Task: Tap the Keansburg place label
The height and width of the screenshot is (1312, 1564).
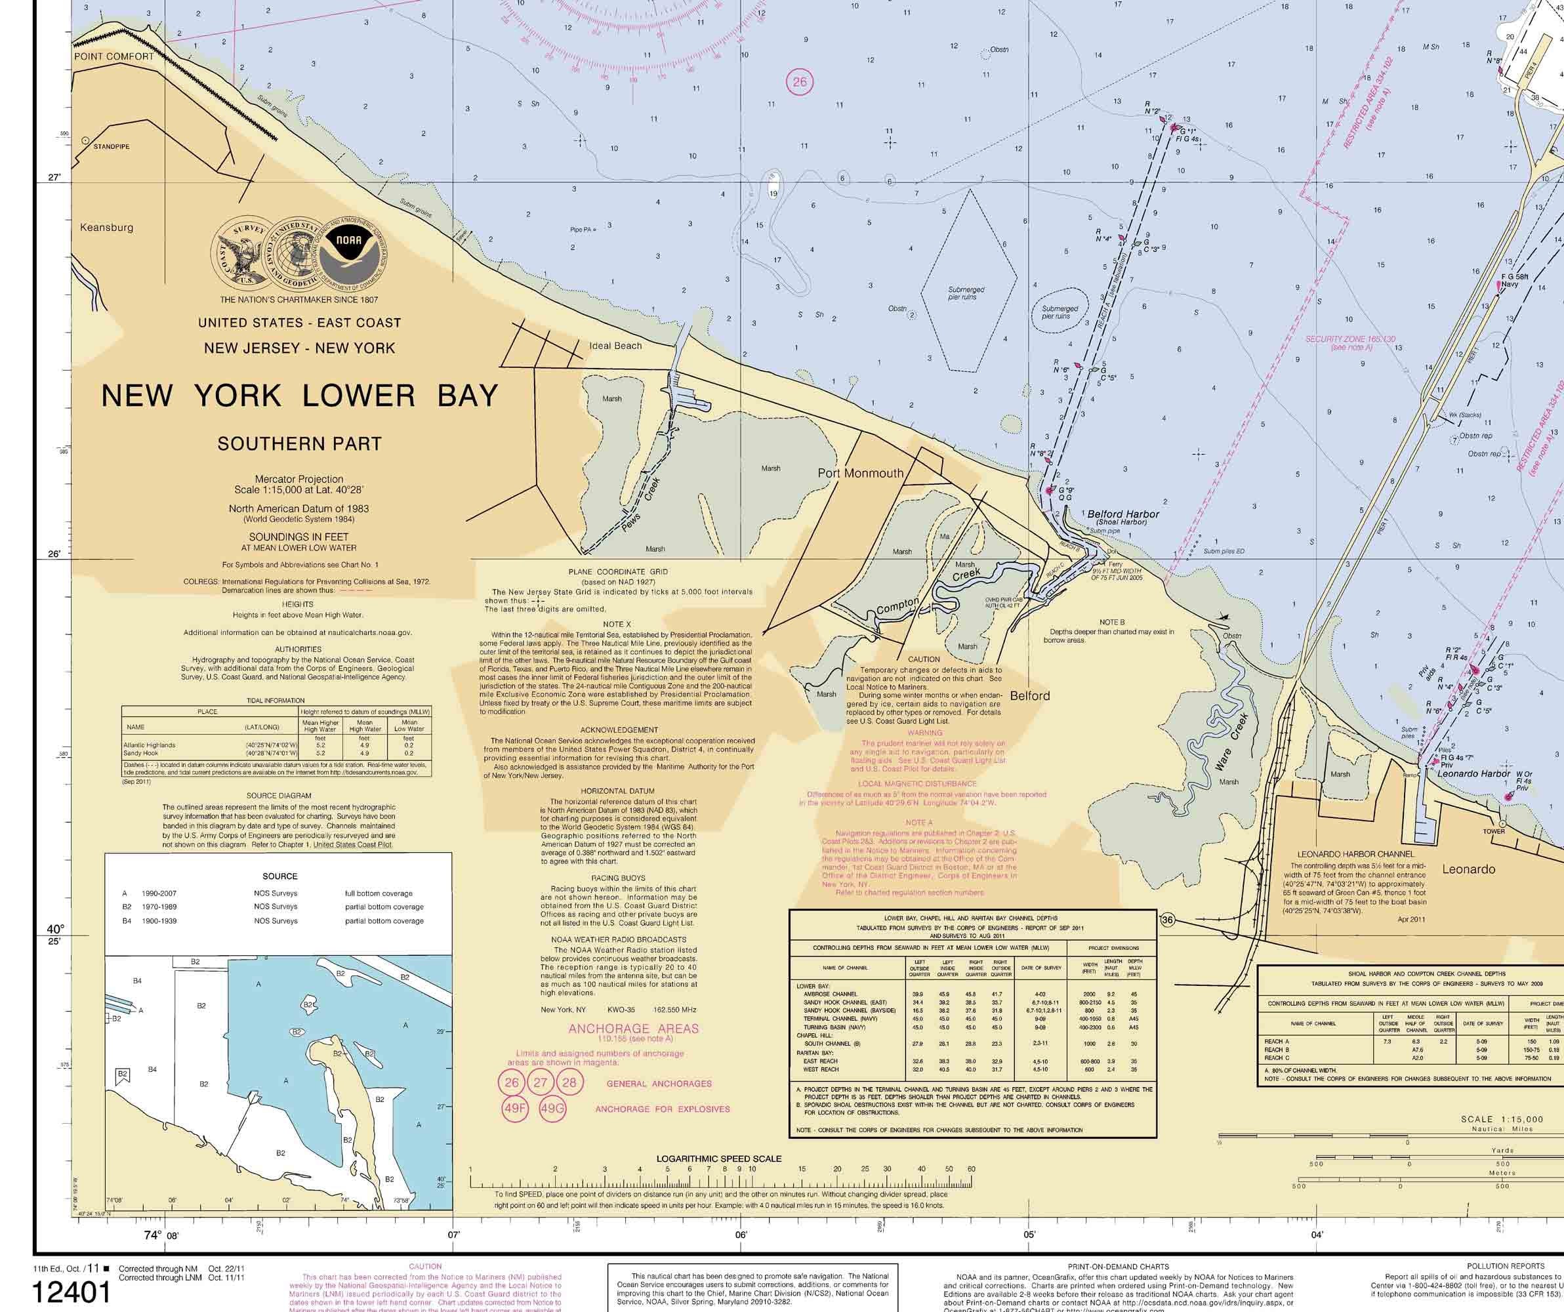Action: (x=106, y=227)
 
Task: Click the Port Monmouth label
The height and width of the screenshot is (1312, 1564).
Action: (x=860, y=473)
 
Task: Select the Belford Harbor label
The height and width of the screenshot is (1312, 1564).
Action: (x=1123, y=514)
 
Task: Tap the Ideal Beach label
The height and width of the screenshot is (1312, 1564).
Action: (x=615, y=346)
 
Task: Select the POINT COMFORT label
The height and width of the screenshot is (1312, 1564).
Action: (x=113, y=56)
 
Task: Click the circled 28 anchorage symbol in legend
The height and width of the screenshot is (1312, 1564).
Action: (x=569, y=1082)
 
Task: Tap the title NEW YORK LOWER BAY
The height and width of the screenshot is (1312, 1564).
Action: (x=299, y=396)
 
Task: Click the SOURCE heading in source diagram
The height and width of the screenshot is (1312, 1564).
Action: (x=279, y=876)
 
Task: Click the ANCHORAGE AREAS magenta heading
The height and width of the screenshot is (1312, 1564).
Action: (x=633, y=1029)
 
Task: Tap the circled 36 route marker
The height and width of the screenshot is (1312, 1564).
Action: (x=1167, y=920)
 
